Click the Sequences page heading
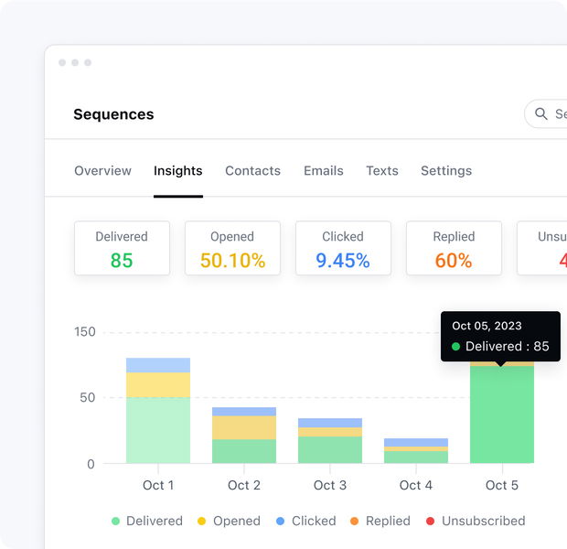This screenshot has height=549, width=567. tap(113, 114)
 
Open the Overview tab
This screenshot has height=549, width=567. tap(102, 171)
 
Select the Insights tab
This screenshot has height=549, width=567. tap(177, 171)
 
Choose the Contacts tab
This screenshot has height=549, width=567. tap(252, 171)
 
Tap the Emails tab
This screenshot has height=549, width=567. tap(324, 171)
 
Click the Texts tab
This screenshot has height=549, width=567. tap(381, 171)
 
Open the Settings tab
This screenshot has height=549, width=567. tap(446, 171)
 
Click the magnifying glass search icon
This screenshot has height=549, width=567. tap(541, 114)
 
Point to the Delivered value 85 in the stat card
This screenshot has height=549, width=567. tap(122, 261)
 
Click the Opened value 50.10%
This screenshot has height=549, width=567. tap(232, 261)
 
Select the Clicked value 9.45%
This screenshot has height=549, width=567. tap(343, 261)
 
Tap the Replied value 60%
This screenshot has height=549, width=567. tap(454, 261)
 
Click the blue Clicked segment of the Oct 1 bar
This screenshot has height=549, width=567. tap(158, 365)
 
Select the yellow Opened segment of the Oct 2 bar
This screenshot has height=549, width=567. tap(244, 427)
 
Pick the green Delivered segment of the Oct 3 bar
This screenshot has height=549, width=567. tap(330, 449)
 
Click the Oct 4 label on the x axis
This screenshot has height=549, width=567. tap(416, 485)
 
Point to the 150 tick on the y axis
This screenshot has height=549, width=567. tap(84, 332)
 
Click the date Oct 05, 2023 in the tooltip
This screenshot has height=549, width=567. tap(487, 326)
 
